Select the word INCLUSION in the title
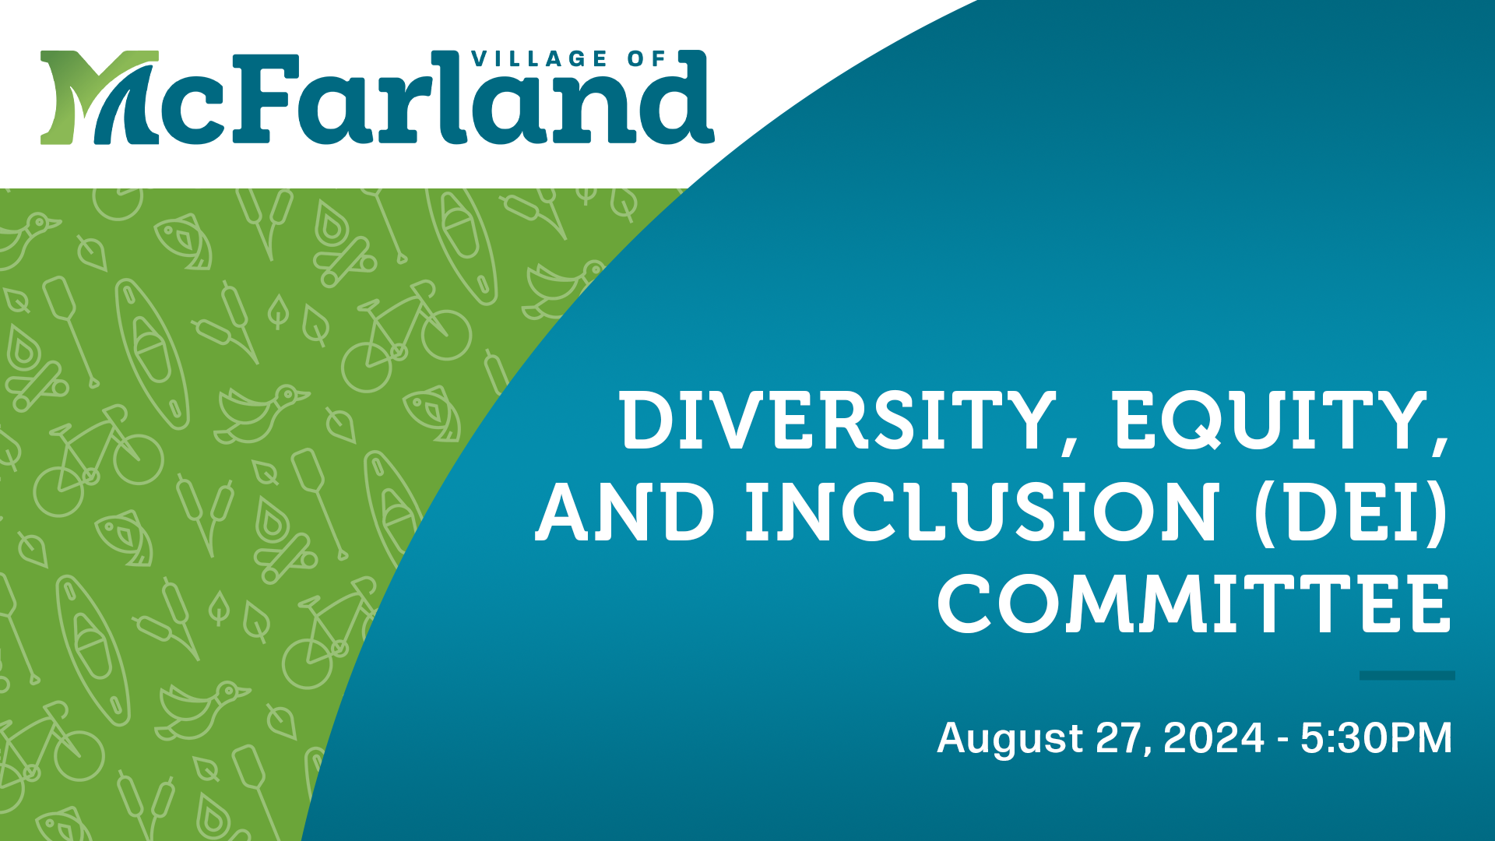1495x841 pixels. [981, 512]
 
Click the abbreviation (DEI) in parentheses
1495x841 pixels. [1352, 514]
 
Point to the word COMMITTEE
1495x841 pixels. [1194, 604]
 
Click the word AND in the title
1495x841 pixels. [624, 512]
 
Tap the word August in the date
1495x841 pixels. [1010, 739]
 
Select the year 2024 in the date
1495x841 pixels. [1213, 737]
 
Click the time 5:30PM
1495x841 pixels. [1376, 737]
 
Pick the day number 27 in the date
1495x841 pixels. [1120, 737]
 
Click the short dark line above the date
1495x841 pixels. [1407, 675]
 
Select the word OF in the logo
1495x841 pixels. [648, 59]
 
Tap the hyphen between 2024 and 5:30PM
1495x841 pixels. [1282, 741]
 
